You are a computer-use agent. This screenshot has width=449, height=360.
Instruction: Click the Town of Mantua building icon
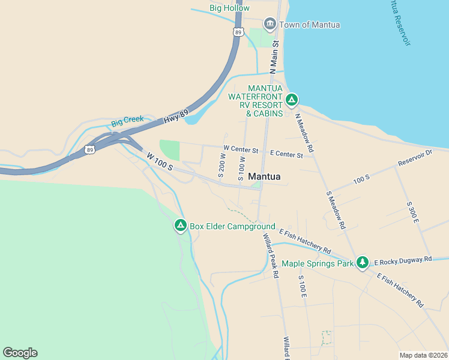(270, 25)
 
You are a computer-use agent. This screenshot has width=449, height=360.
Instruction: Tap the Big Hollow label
(229, 8)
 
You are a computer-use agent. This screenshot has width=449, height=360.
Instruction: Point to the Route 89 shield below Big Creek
(89, 149)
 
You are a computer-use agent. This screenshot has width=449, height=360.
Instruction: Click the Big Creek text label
(127, 119)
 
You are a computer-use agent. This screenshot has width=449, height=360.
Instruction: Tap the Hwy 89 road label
(176, 116)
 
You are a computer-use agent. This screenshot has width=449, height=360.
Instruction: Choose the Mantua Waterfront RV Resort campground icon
(292, 100)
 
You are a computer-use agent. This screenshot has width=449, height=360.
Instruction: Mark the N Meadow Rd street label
(304, 132)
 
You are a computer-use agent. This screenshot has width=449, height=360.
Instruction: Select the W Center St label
(240, 148)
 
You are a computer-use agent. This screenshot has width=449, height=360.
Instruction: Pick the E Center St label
(286, 154)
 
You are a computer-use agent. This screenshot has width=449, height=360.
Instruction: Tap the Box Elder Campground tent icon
(180, 226)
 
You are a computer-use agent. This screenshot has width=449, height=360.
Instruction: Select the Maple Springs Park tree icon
(362, 262)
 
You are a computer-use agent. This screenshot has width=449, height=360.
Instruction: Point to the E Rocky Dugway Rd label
(403, 260)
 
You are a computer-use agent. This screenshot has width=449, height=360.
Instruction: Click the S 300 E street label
(412, 212)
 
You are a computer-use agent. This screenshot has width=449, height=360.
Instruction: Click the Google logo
(20, 353)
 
